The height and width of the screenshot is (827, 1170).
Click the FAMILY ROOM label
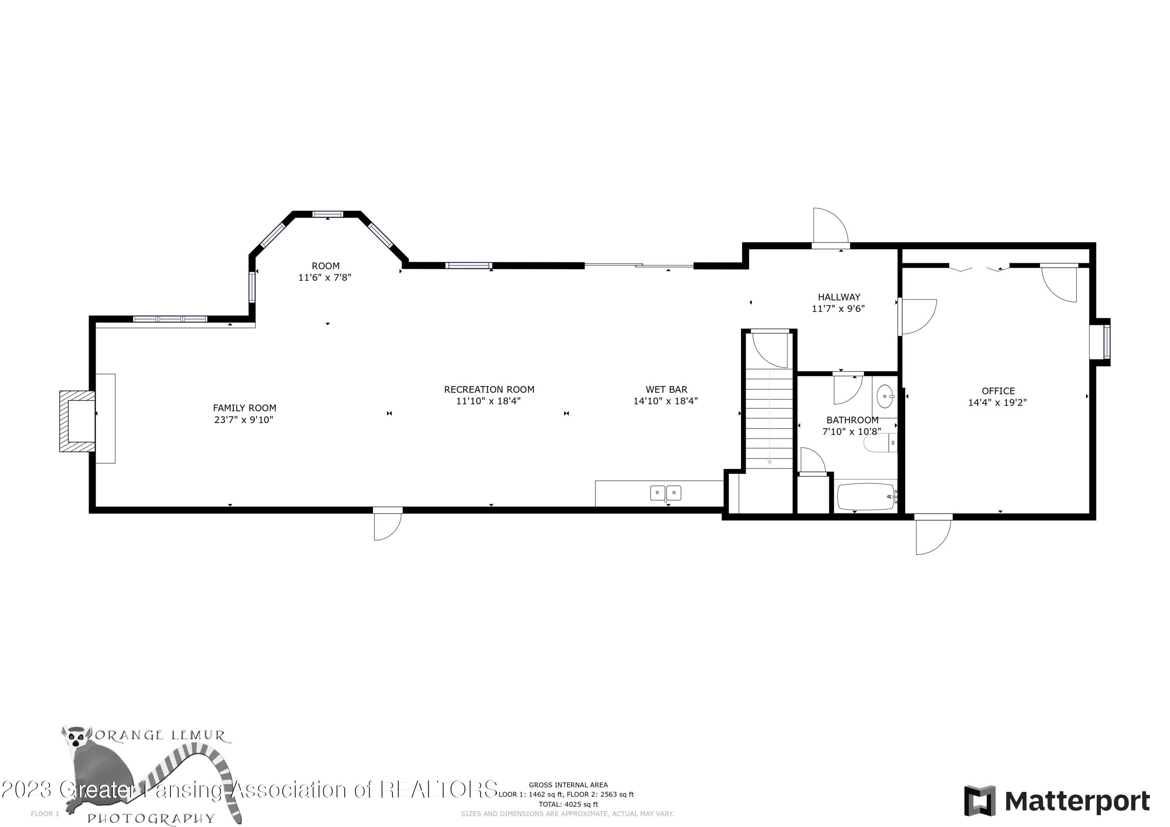245,407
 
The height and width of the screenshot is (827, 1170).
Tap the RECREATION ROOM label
489,389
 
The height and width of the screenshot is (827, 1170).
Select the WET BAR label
666,389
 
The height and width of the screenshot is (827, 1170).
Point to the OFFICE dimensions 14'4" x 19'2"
997,402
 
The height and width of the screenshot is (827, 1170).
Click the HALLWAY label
839,297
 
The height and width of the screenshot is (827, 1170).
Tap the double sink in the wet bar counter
665,493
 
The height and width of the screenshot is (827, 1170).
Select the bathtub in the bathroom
866,496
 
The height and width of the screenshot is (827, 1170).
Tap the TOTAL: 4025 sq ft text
568,804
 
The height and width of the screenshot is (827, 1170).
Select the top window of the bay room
327,214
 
